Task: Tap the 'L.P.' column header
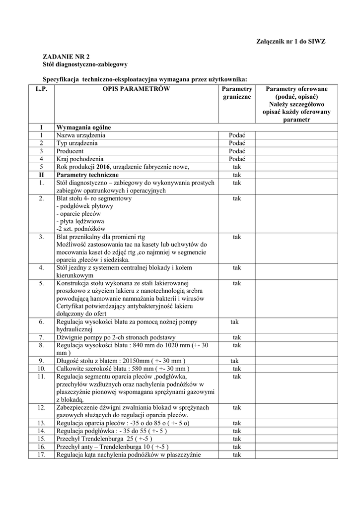[41, 89]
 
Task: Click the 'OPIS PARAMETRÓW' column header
[136, 89]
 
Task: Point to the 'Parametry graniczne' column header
[237, 93]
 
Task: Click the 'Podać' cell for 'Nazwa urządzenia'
[237, 135]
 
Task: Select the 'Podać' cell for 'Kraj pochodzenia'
[237, 159]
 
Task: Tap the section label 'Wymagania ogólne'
[80, 127]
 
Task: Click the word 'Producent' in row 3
[70, 151]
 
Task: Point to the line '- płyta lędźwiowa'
[80, 221]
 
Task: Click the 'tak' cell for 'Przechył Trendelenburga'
[237, 439]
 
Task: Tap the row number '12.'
[42, 407]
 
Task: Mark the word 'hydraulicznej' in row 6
[75, 329]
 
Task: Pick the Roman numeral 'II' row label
[41, 175]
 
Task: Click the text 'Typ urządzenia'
[76, 143]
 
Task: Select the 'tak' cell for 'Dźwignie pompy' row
[237, 337]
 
